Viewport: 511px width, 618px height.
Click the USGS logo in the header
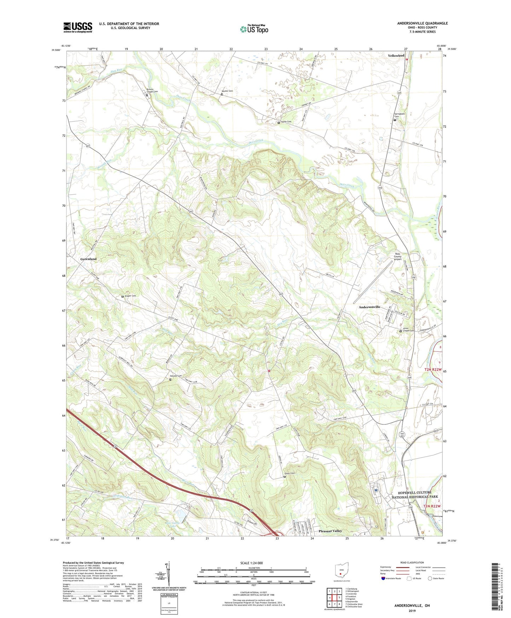[x=77, y=27]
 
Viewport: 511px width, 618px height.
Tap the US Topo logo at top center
[x=254, y=29]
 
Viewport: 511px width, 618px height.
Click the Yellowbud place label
[x=396, y=56]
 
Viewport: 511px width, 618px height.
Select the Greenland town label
[x=88, y=259]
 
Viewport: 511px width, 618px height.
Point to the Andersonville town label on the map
[x=370, y=307]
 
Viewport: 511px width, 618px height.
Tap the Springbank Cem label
[x=399, y=115]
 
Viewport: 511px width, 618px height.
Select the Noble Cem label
[x=286, y=122]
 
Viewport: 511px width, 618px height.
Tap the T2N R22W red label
[x=433, y=370]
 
